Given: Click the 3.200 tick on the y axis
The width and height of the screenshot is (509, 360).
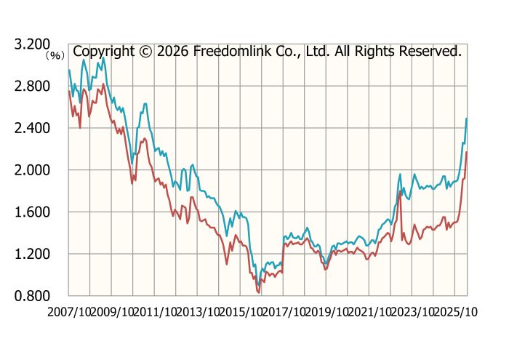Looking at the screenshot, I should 33,44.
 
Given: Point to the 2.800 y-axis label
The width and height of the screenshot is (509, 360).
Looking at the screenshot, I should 33,87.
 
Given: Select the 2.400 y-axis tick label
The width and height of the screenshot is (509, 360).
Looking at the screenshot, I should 33,128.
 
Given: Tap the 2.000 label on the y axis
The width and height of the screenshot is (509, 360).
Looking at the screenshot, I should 33,170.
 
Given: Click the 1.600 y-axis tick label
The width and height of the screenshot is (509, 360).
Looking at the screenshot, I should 33,212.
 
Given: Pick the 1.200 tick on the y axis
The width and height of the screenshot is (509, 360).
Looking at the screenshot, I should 33,254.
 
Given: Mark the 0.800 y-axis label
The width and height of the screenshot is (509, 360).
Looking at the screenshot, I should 33,295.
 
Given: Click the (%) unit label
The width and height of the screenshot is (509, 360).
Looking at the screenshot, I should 55,55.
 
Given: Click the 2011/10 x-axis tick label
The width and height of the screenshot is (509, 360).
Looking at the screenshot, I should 155,311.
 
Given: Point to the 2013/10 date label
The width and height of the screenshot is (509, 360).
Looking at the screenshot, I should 198,311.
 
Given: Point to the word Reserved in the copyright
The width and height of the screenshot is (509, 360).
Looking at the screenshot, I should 430,52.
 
